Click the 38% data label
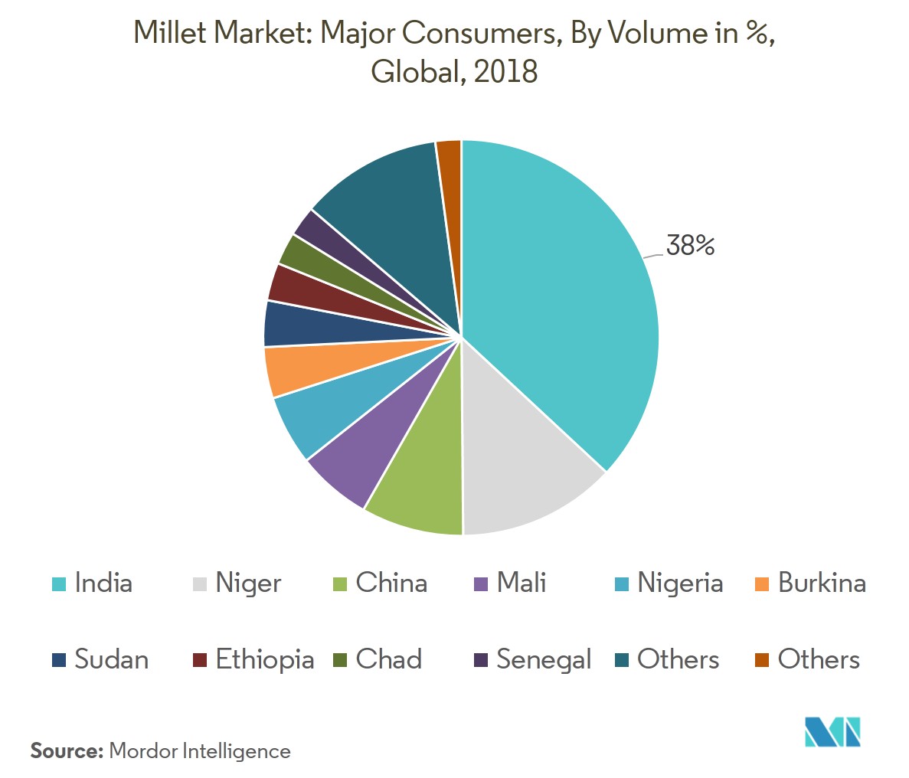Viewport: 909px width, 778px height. [690, 246]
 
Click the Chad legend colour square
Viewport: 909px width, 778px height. [341, 660]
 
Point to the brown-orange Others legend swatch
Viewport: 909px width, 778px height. [762, 660]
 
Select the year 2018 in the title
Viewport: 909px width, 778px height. [505, 72]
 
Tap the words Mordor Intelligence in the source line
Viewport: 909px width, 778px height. [200, 751]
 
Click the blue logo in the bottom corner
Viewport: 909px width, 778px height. [832, 732]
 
